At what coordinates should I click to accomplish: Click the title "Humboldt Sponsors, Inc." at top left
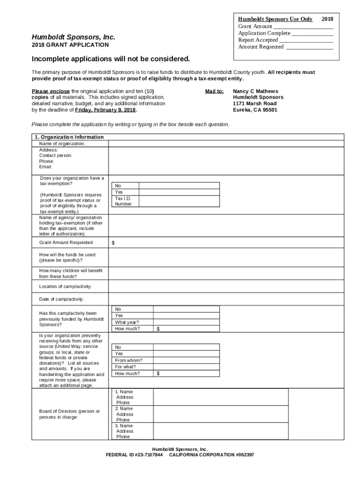coord(73,37)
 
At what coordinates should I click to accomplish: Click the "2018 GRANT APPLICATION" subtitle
coord(70,45)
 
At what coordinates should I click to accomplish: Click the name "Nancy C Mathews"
coord(255,91)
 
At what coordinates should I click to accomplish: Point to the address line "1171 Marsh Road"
coord(254,103)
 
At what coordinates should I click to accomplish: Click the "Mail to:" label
coord(215,91)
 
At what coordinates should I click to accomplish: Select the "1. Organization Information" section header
coord(69,137)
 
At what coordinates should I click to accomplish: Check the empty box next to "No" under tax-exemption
coord(179,185)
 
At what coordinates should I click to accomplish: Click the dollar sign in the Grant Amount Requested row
coord(113,243)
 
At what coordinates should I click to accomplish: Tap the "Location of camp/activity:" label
coord(65,286)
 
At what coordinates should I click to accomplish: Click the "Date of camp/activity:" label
coord(62,299)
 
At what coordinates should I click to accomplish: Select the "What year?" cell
coord(127,322)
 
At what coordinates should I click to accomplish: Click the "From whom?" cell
coord(129,360)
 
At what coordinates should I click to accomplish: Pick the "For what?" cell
coord(126,367)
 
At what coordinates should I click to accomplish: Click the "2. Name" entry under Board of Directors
coord(124,408)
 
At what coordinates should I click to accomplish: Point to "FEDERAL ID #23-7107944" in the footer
coord(134,455)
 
